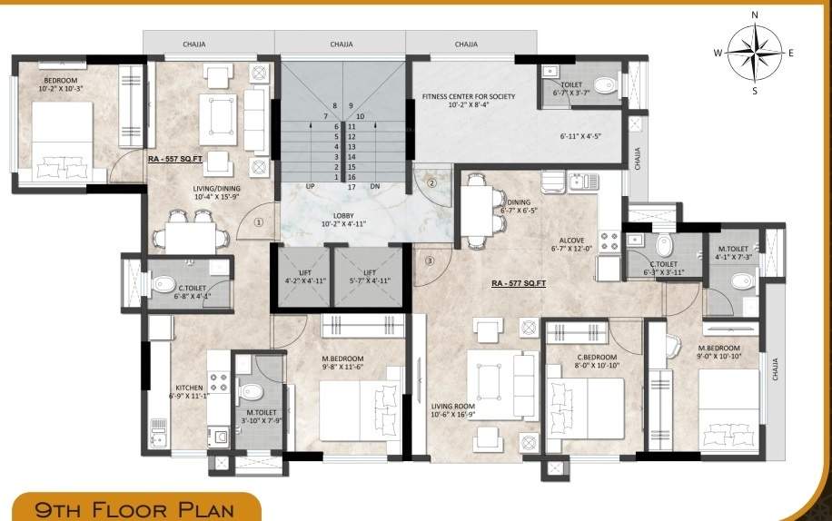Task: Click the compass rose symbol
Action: [754, 52]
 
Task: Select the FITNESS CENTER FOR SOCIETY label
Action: [469, 95]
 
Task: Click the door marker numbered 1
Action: [259, 220]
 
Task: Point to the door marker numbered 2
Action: [432, 182]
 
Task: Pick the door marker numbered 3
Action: [431, 261]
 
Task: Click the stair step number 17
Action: [351, 187]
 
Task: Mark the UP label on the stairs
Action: [311, 186]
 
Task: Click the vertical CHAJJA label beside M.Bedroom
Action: [775, 369]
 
